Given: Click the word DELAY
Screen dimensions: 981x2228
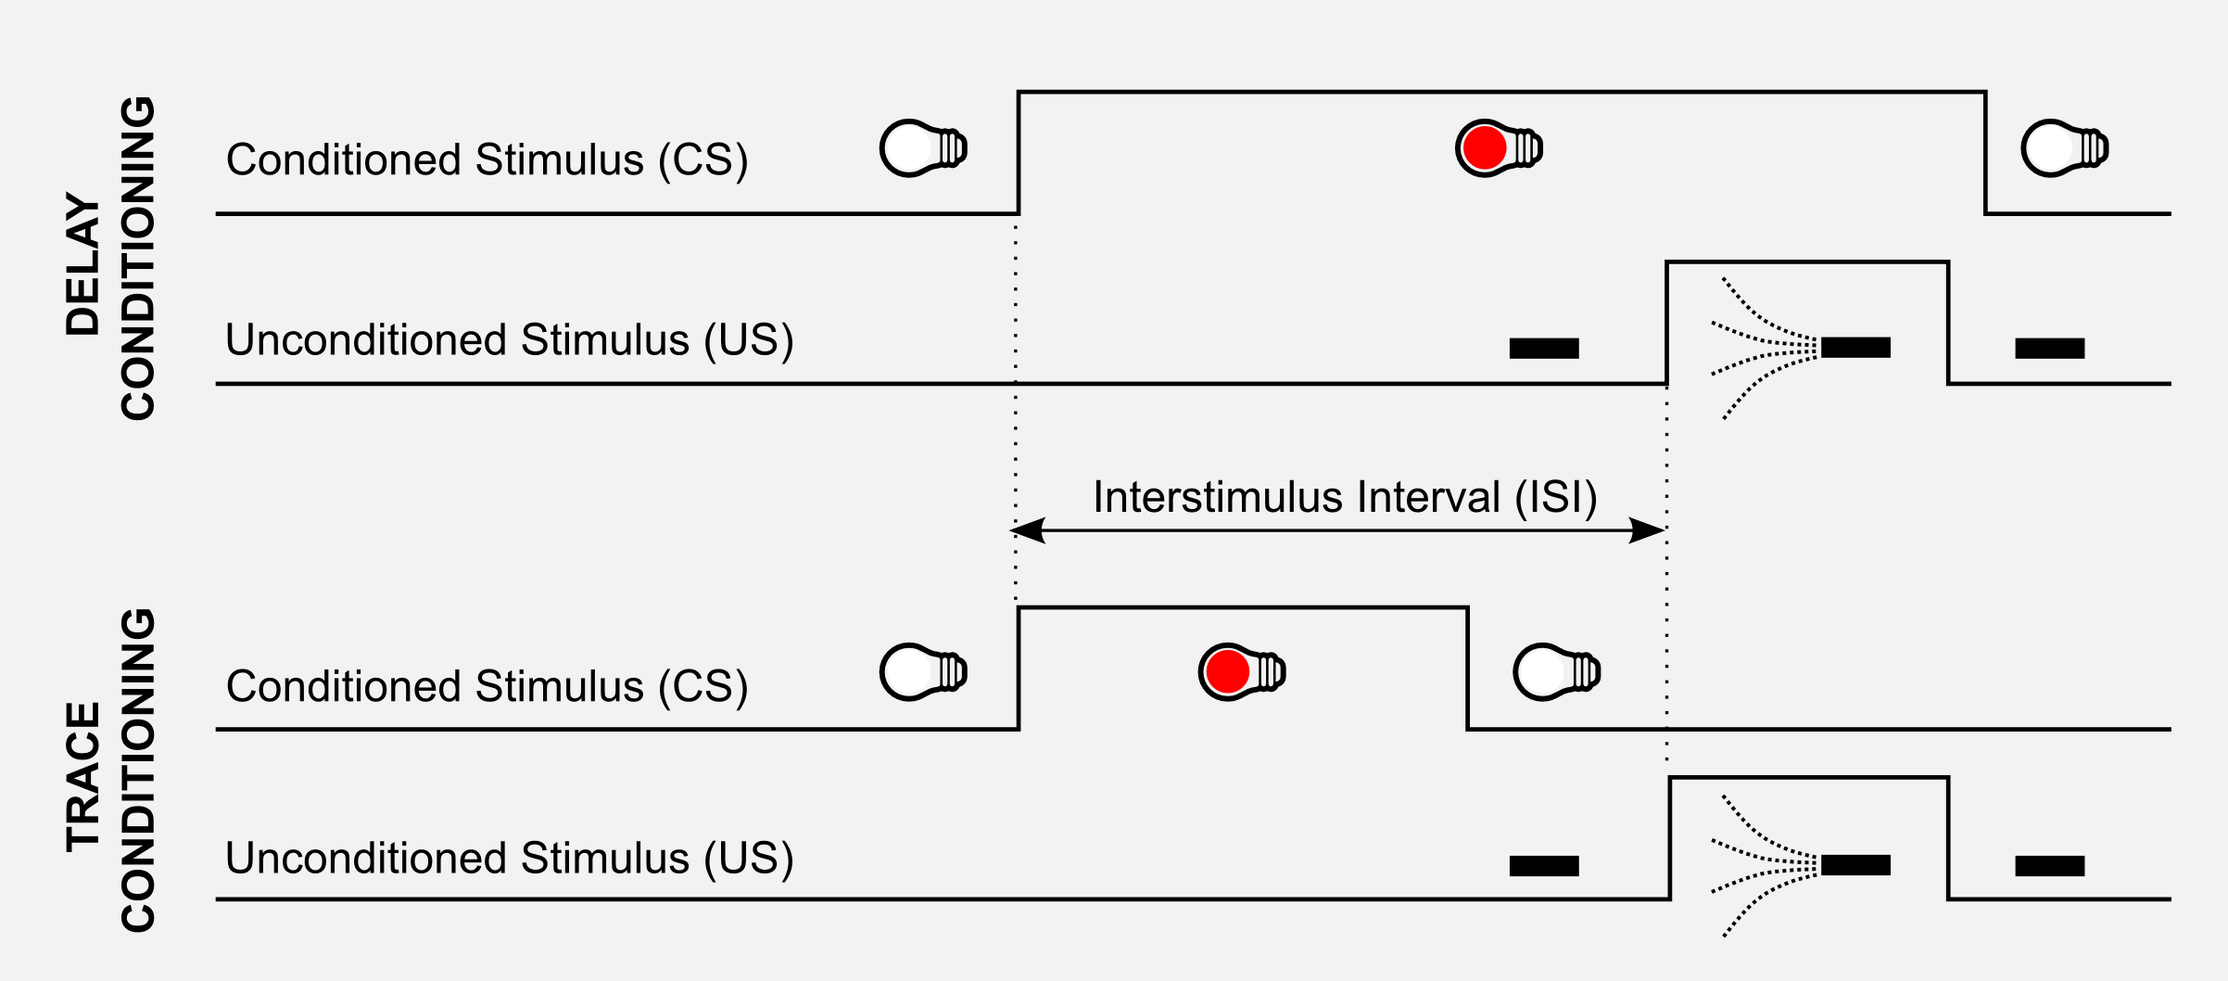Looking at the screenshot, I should [83, 264].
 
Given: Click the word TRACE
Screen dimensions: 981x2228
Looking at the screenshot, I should [83, 777].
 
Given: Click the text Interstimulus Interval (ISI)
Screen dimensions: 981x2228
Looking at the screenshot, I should [1345, 497].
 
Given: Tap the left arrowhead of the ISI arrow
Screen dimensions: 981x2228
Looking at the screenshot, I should [1027, 530].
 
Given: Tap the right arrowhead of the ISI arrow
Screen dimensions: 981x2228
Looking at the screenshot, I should [1648, 530].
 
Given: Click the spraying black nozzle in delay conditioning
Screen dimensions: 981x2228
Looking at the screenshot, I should [1855, 348].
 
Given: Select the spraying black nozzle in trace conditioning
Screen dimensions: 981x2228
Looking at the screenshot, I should [1855, 865].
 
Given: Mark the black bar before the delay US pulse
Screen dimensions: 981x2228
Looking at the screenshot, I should [1544, 349].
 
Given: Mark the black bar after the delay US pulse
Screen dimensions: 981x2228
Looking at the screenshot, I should [2050, 349].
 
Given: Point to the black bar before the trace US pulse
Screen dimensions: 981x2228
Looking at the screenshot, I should [1544, 866].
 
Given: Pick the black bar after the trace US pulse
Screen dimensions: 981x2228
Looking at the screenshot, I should [2050, 866].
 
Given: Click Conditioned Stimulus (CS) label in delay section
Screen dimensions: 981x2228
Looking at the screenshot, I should [487, 160].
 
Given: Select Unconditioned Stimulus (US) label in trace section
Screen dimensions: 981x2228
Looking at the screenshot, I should [509, 859].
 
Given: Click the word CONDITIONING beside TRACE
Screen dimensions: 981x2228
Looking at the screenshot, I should [139, 770].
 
